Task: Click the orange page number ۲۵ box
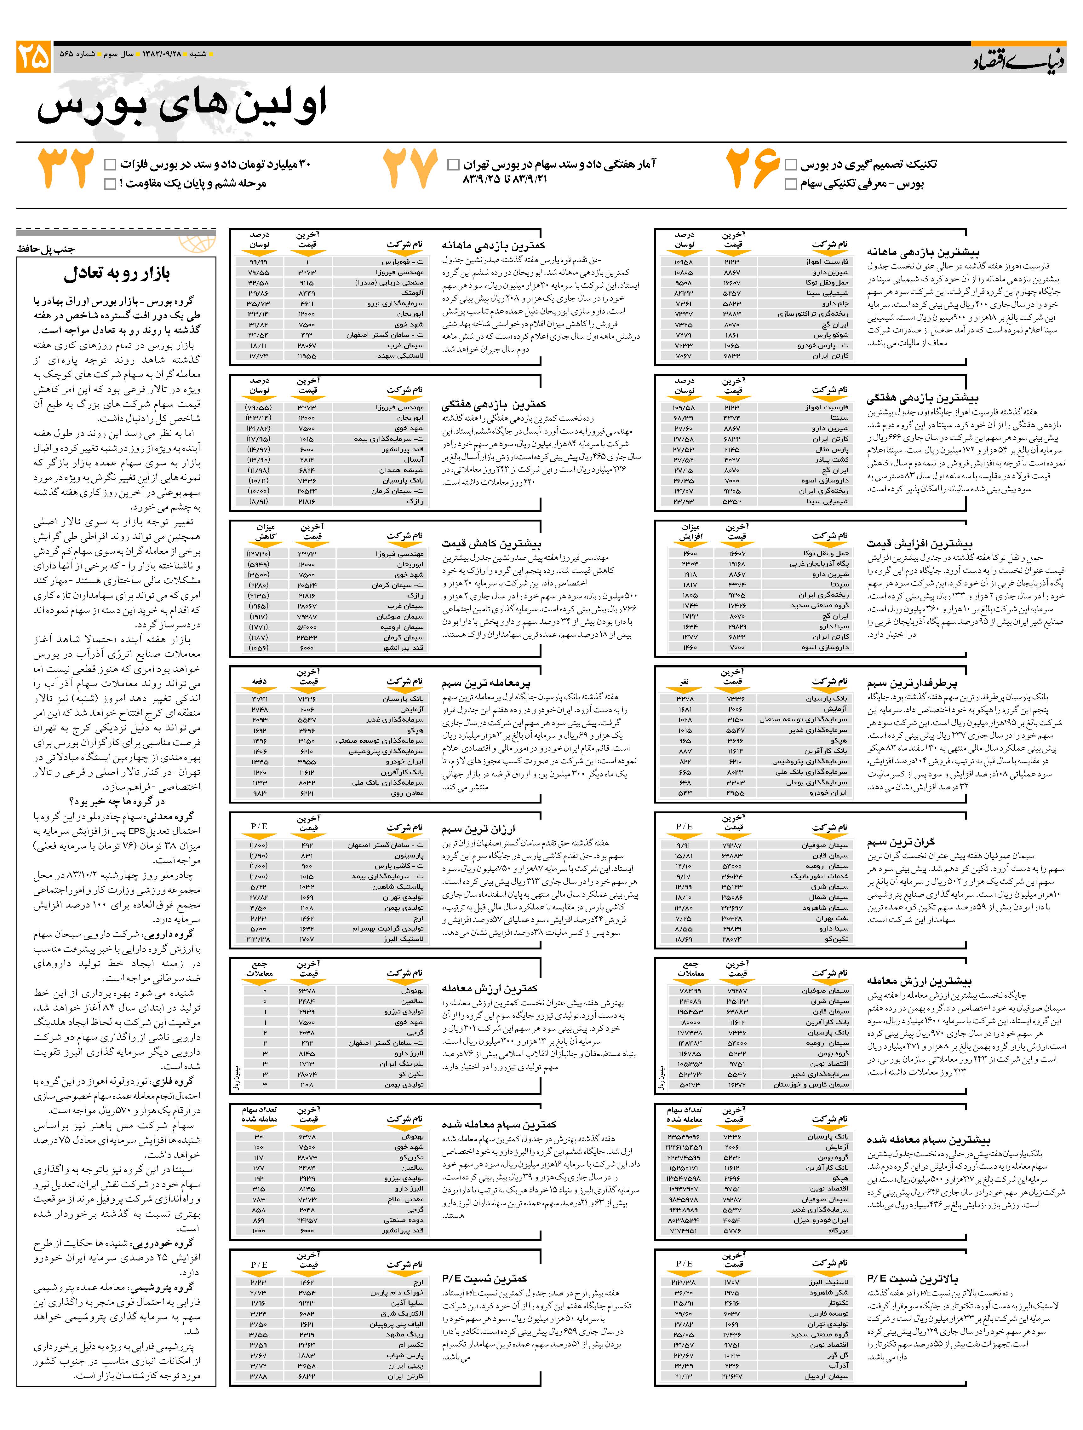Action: (34, 57)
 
